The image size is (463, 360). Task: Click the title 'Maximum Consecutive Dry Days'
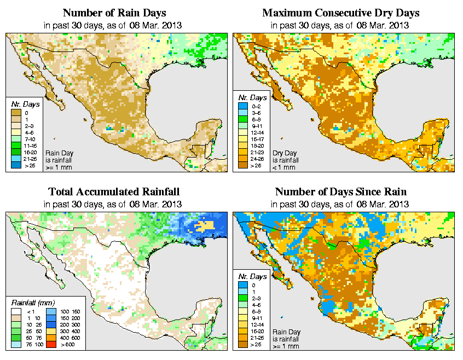point(341,13)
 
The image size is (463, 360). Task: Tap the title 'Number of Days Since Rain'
point(341,192)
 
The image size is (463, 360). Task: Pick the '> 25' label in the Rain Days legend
point(28,165)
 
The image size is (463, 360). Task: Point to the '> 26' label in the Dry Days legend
point(256,165)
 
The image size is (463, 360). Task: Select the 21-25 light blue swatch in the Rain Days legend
point(16,158)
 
